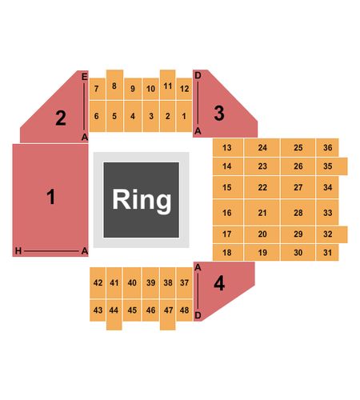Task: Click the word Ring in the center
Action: coord(142,200)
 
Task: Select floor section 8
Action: coord(114,85)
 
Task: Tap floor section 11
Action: coord(168,85)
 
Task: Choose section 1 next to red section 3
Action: coord(184,116)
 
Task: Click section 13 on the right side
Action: coord(228,147)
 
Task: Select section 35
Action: coord(332,166)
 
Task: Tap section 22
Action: coord(262,187)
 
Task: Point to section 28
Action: coord(298,213)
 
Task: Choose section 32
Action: coord(332,234)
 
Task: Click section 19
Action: coord(262,252)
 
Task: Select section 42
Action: coord(98,282)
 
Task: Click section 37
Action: coord(184,282)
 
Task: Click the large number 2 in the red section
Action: coord(61,118)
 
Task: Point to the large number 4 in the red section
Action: coord(219,283)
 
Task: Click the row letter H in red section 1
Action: coord(18,251)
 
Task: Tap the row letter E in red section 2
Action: coord(84,77)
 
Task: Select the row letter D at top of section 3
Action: coord(198,75)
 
